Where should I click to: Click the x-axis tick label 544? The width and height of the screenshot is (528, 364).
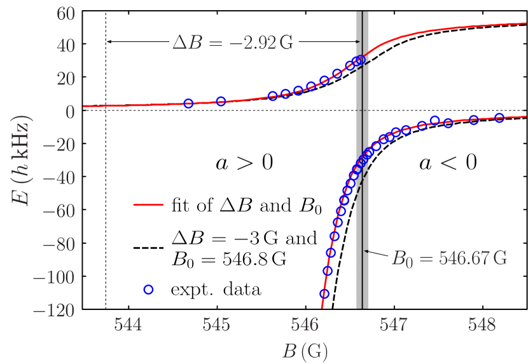(x=128, y=325)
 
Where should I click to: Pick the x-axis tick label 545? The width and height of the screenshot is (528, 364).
(x=216, y=325)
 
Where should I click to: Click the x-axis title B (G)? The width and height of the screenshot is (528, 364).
(x=305, y=350)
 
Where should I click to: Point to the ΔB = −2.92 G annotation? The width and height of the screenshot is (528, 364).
(x=233, y=43)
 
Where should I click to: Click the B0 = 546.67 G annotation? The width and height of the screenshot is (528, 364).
(x=449, y=259)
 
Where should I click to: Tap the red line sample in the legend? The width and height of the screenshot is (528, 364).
(x=148, y=205)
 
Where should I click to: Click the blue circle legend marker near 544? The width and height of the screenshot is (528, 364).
(x=148, y=289)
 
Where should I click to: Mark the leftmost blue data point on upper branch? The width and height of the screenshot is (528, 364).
(x=188, y=104)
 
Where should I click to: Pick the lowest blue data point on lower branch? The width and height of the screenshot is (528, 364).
(x=324, y=293)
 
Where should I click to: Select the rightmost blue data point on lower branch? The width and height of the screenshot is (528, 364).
(x=499, y=118)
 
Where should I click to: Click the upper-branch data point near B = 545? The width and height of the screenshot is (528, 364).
(x=221, y=101)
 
